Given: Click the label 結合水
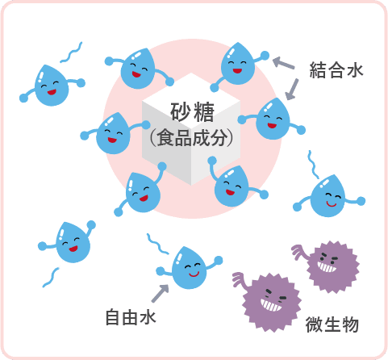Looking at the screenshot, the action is click(336, 70).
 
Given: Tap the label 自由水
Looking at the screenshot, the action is click(131, 317).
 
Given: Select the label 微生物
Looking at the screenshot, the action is click(332, 324).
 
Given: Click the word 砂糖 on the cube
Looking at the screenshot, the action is click(192, 112).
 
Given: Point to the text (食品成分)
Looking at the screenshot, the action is click(191, 137).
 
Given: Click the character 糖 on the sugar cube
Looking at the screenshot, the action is click(204, 112).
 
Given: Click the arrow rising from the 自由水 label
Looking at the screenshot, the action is click(161, 293).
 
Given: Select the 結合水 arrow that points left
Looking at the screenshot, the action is click(284, 63).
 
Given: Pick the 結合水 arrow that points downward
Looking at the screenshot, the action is click(292, 90).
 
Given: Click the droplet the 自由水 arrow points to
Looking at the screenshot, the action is click(189, 267).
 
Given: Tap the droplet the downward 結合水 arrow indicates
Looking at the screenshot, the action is click(272, 119).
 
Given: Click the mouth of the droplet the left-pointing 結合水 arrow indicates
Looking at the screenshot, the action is click(237, 71).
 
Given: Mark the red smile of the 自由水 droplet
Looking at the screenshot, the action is click(194, 274).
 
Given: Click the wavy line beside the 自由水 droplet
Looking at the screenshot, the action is click(157, 245).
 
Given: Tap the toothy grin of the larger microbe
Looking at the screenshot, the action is click(271, 305).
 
